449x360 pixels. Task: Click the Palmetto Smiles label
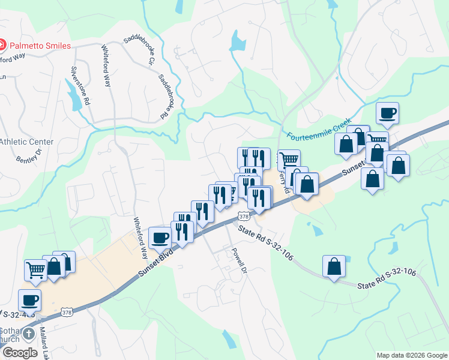tap(40, 46)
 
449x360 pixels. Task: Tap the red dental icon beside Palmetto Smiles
tap(2, 46)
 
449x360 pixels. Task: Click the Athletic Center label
tap(26, 142)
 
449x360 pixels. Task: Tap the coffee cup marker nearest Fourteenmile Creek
tap(388, 113)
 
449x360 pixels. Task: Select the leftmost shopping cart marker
tap(35, 270)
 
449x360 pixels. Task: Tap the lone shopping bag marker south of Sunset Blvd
tap(334, 266)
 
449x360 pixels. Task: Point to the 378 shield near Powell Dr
tap(243, 216)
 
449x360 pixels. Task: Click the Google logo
tap(20, 353)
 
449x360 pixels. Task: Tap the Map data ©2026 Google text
tap(411, 355)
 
